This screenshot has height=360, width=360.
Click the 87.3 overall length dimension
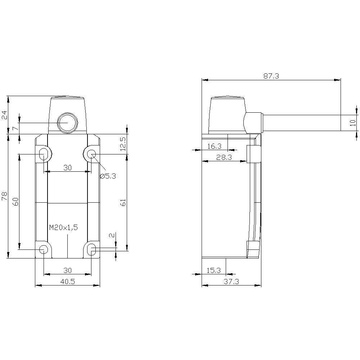pyautogui.click(x=271, y=76)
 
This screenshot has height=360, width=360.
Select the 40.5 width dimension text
pyautogui.click(x=67, y=282)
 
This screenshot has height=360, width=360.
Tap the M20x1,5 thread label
pyautogui.click(x=63, y=227)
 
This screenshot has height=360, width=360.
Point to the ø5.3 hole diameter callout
pyautogui.click(x=108, y=176)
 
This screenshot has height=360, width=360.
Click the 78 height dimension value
pyautogui.click(x=5, y=196)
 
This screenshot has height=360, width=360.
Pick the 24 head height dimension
pyautogui.click(x=5, y=115)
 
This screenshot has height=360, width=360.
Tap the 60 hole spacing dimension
pyautogui.click(x=15, y=202)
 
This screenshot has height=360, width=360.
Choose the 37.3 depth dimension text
pyautogui.click(x=231, y=282)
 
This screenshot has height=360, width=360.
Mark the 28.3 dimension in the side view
pyautogui.click(x=224, y=157)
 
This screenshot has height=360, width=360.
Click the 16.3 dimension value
pyautogui.click(x=215, y=146)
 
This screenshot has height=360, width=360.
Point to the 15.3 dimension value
pyautogui.click(x=214, y=270)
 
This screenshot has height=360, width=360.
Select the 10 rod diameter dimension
pyautogui.click(x=353, y=122)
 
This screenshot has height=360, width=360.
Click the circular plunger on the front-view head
pyautogui.click(x=67, y=123)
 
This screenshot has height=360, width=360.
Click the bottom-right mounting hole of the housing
pyautogui.click(x=92, y=249)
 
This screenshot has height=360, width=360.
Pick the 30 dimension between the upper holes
pyautogui.click(x=67, y=168)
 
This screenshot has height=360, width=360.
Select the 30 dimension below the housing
pyautogui.click(x=67, y=270)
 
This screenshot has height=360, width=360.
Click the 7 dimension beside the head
pyautogui.click(x=15, y=128)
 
